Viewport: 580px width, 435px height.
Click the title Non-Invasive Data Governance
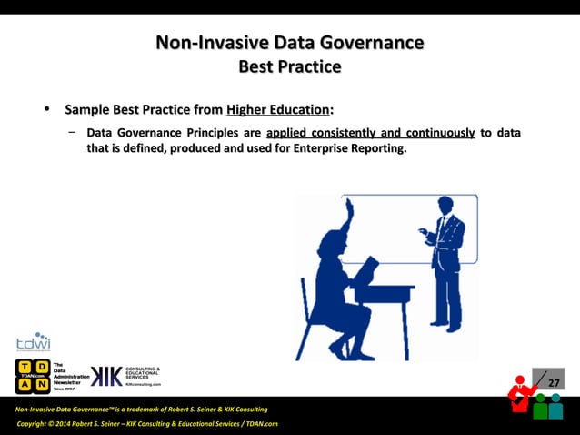pos(289,43)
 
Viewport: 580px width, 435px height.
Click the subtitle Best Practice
pos(289,66)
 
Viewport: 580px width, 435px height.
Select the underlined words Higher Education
pos(277,110)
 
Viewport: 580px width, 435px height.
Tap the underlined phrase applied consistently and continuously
pos(370,133)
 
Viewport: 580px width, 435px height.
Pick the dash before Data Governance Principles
pos(71,133)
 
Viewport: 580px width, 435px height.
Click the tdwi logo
pos(33,342)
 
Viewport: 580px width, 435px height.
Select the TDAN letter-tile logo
pos(32,376)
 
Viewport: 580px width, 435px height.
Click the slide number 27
pos(552,380)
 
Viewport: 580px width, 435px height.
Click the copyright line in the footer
pos(146,424)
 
